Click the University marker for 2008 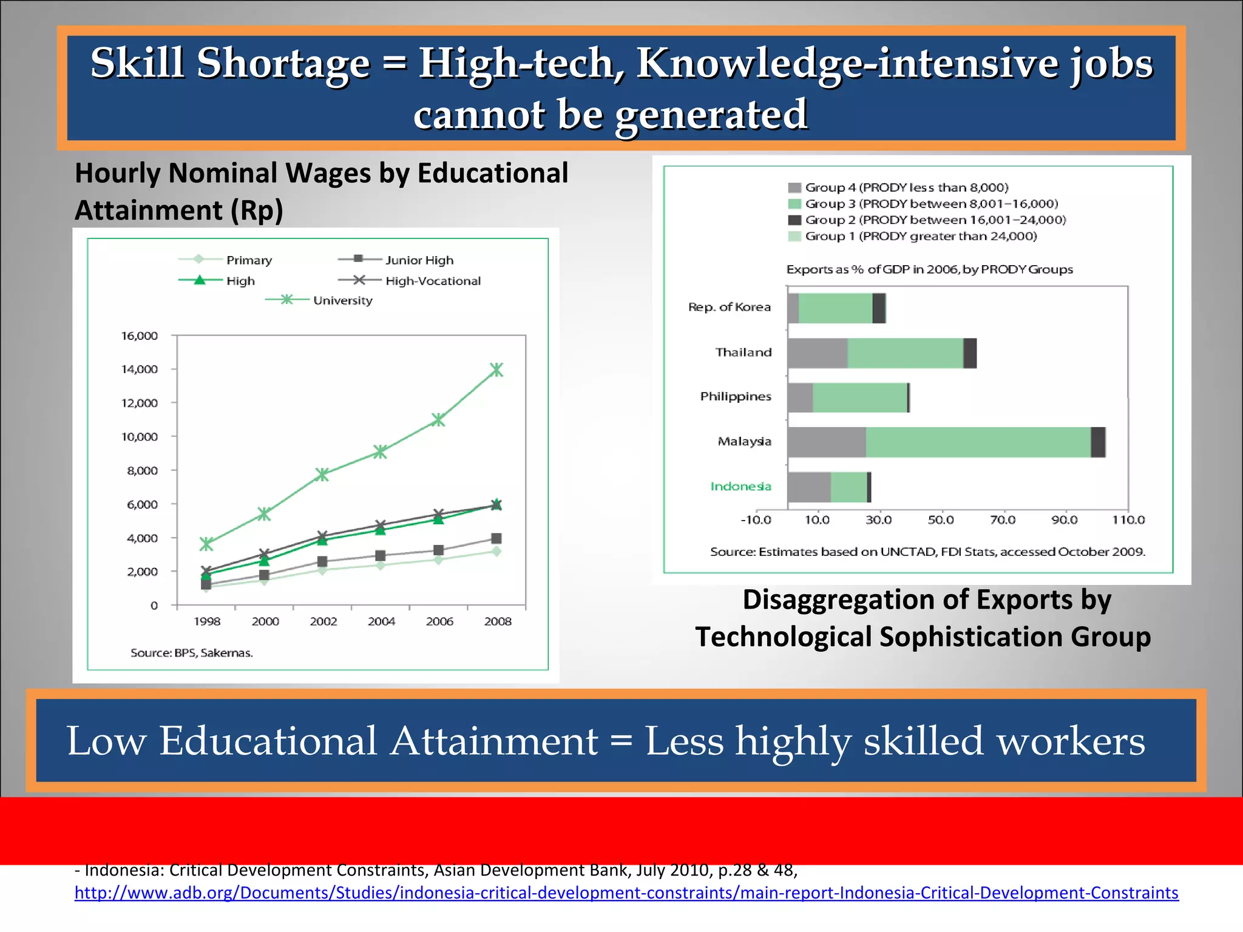pos(496,370)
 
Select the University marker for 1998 pos(206,544)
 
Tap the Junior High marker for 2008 pos(496,538)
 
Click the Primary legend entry pos(226,260)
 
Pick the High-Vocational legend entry pos(410,280)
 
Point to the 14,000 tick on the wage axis pos(140,369)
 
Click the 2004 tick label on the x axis pos(381,621)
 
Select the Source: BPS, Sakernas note pos(192,653)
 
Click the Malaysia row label pos(744,441)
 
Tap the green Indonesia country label pos(740,486)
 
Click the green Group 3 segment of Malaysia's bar pos(978,442)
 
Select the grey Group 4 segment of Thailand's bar pos(817,353)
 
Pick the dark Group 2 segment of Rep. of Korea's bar pos(878,308)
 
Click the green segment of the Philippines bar pos(859,398)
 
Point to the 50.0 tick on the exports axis pos(941,520)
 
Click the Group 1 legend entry pos(913,236)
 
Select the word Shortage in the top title pos(283,63)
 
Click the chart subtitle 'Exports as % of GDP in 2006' pos(929,269)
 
